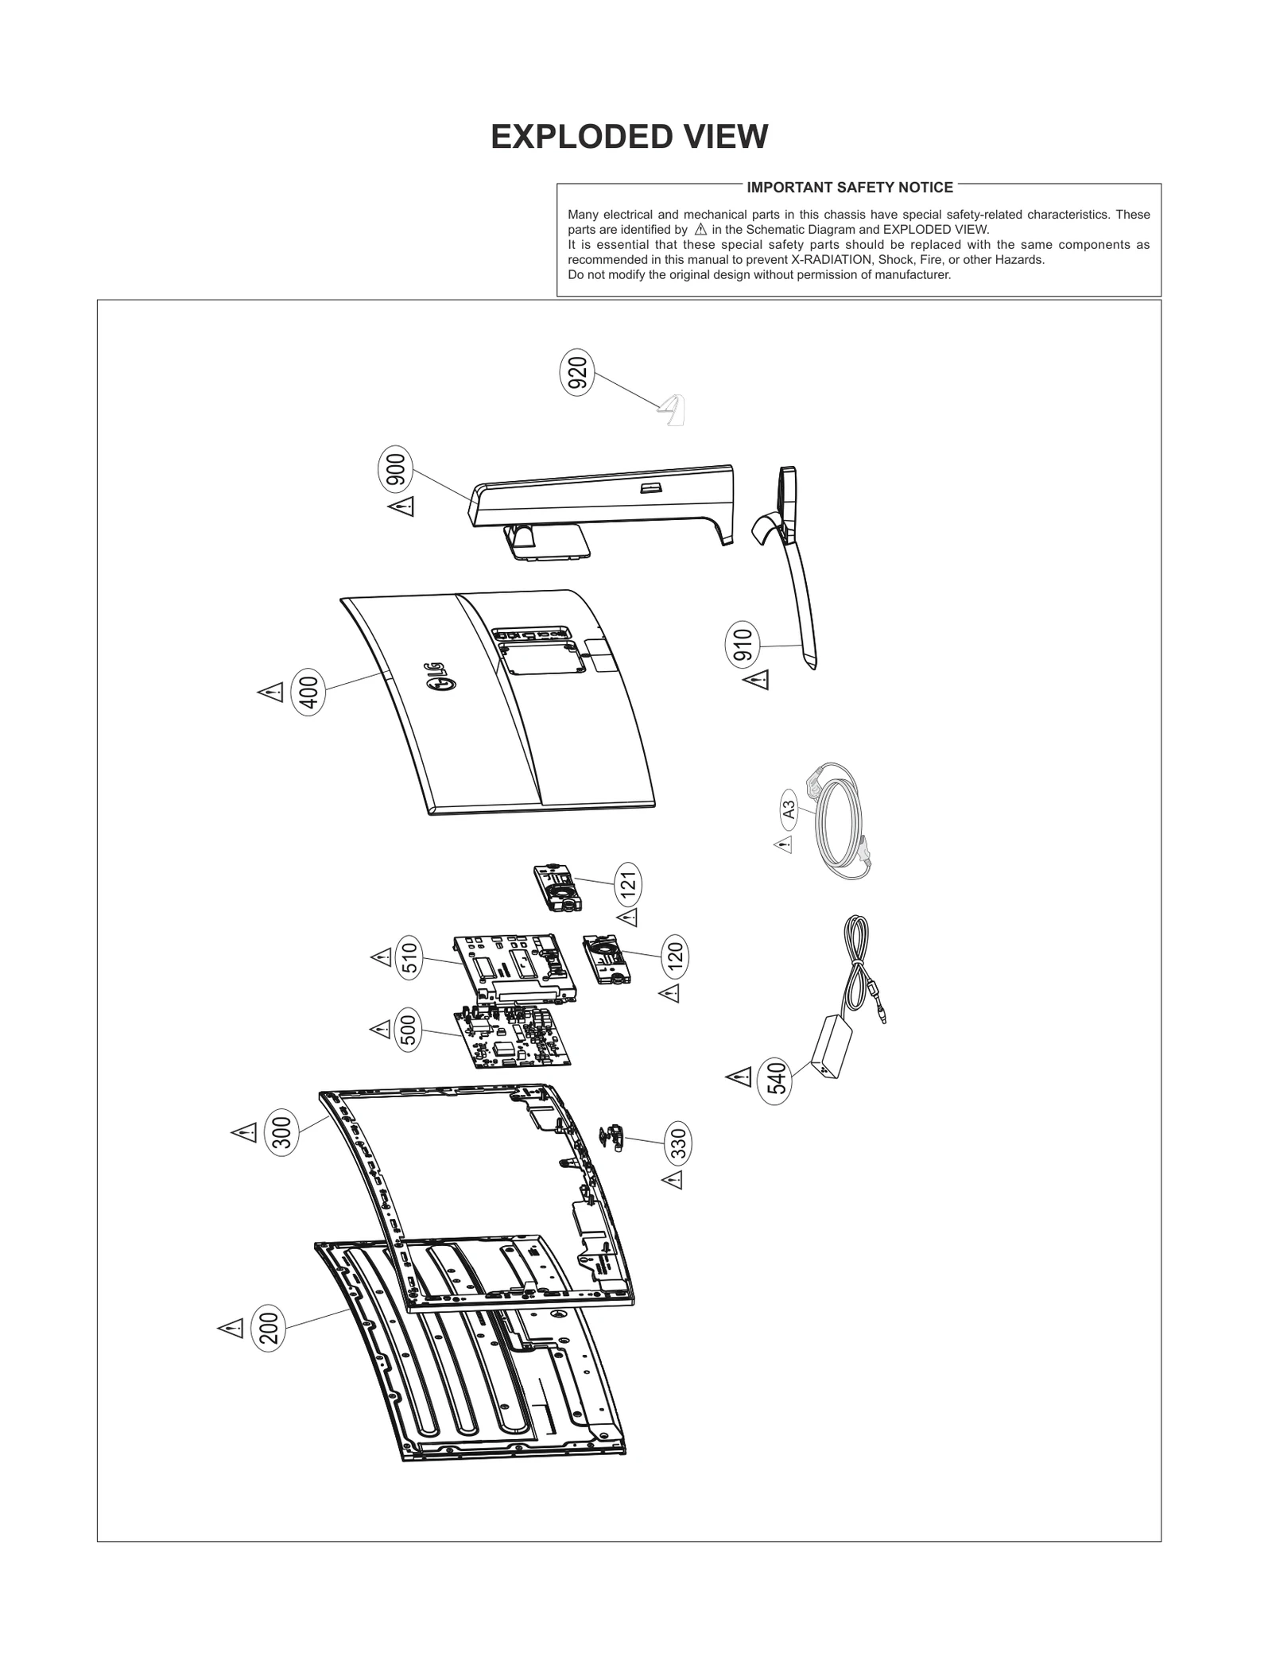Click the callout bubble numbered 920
[x=578, y=372]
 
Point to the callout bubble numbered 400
[x=308, y=693]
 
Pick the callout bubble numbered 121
[x=628, y=883]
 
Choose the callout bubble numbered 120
[x=675, y=955]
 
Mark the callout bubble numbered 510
[x=409, y=957]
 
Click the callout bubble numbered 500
[x=408, y=1030]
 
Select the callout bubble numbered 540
[x=775, y=1081]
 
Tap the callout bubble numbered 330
[x=677, y=1144]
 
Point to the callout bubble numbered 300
[x=283, y=1131]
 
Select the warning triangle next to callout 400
[x=271, y=692]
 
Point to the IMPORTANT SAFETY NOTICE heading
[x=850, y=188]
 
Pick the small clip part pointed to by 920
[x=673, y=410]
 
